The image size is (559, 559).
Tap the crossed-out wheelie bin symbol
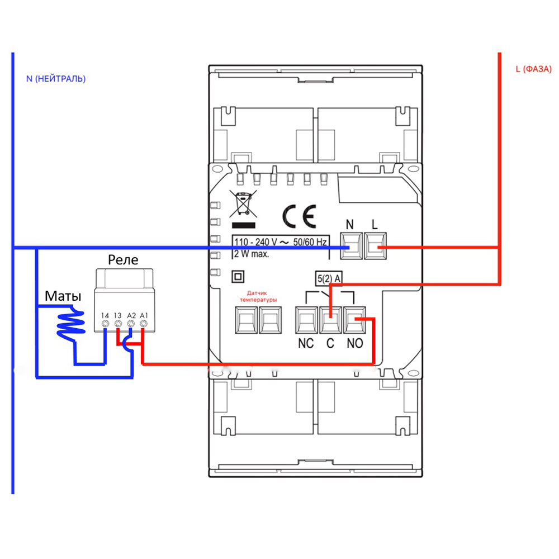(x=242, y=202)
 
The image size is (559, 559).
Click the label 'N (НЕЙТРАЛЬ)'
(x=56, y=79)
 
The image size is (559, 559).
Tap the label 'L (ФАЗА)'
(x=533, y=69)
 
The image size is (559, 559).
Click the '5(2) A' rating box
(x=330, y=277)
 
